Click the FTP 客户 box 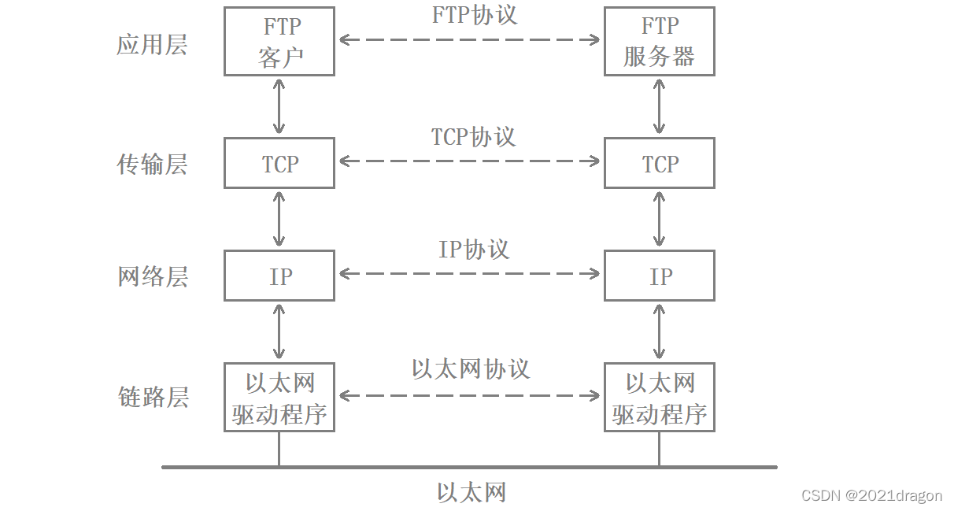pyautogui.click(x=279, y=41)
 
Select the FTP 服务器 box pyautogui.click(x=659, y=41)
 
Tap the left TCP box pyautogui.click(x=279, y=163)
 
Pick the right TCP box pyautogui.click(x=659, y=163)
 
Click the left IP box pyautogui.click(x=279, y=276)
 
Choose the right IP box pyautogui.click(x=659, y=276)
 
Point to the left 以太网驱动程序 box pyautogui.click(x=279, y=397)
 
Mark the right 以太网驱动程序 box pyautogui.click(x=659, y=397)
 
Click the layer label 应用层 pyautogui.click(x=152, y=44)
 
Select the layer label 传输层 pyautogui.click(x=152, y=164)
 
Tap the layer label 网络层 pyautogui.click(x=152, y=276)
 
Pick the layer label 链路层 pyautogui.click(x=152, y=397)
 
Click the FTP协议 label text pyautogui.click(x=474, y=15)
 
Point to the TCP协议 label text pyautogui.click(x=473, y=136)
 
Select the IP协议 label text pyautogui.click(x=474, y=250)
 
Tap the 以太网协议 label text pyautogui.click(x=471, y=369)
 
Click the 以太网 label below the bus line pyautogui.click(x=471, y=493)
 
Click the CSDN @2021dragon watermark pyautogui.click(x=871, y=495)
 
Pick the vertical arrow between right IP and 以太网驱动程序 pyautogui.click(x=659, y=331)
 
